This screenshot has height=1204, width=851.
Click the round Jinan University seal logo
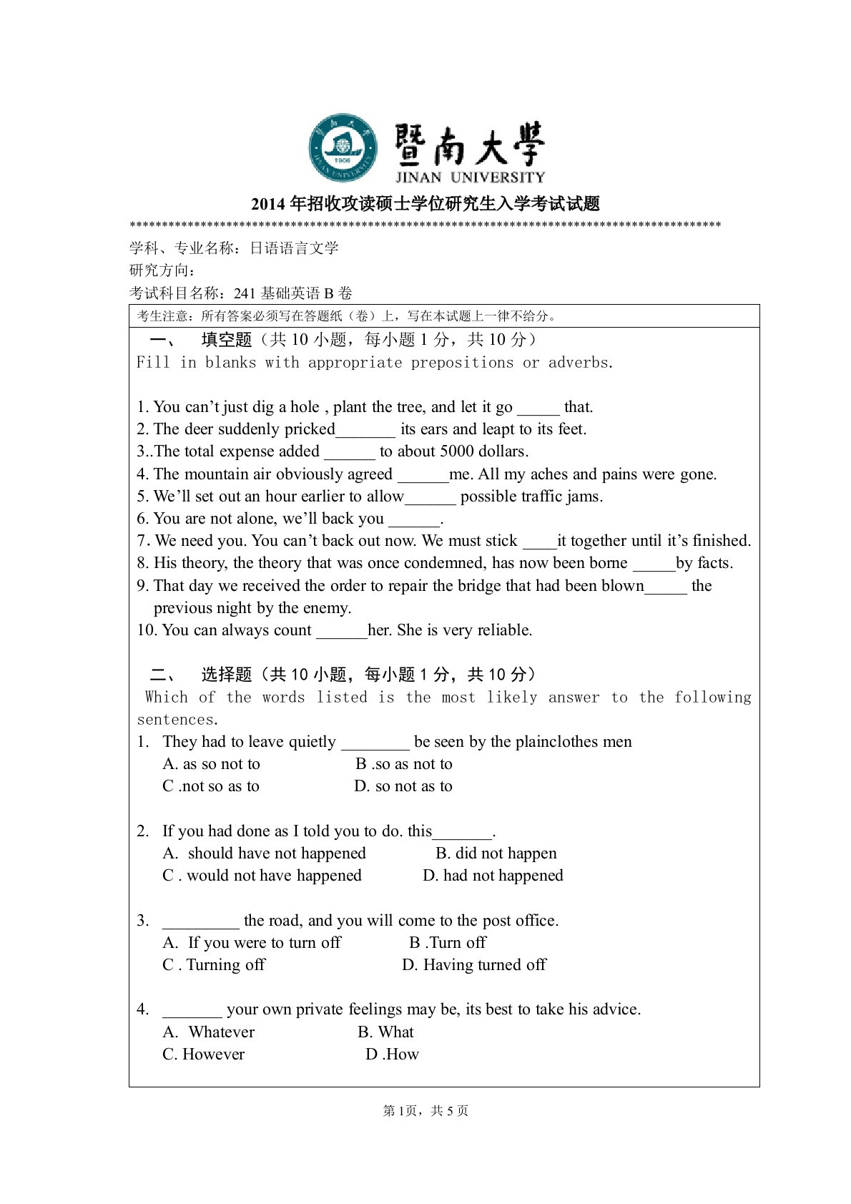coord(343,148)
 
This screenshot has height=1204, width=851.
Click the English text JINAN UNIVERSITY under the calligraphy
coord(470,177)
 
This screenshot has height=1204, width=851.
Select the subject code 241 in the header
coord(245,293)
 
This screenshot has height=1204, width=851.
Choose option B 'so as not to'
coord(404,764)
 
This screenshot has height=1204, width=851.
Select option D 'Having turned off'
coord(474,965)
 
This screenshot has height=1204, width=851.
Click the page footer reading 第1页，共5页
coord(425,1111)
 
